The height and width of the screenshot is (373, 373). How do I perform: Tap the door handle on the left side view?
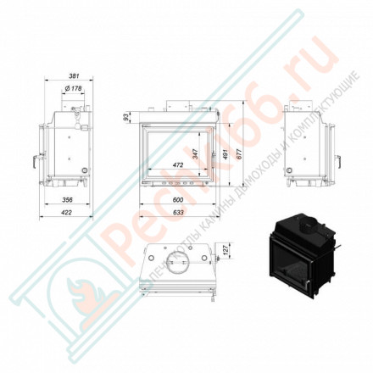pos(35,158)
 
